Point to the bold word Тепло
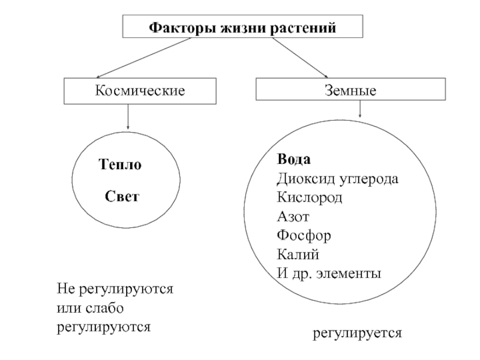(x=120, y=164)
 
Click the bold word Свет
(x=122, y=196)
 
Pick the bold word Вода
(x=293, y=159)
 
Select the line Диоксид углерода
(x=337, y=178)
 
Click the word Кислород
(x=309, y=197)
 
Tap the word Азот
(x=293, y=217)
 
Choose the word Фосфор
(x=304, y=236)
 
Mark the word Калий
(x=298, y=254)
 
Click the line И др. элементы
(x=329, y=273)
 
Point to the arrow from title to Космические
(x=143, y=58)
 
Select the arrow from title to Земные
(x=301, y=58)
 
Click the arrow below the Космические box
(x=128, y=116)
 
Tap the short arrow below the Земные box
(x=360, y=109)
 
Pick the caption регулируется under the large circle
(x=357, y=333)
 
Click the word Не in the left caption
(x=66, y=289)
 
